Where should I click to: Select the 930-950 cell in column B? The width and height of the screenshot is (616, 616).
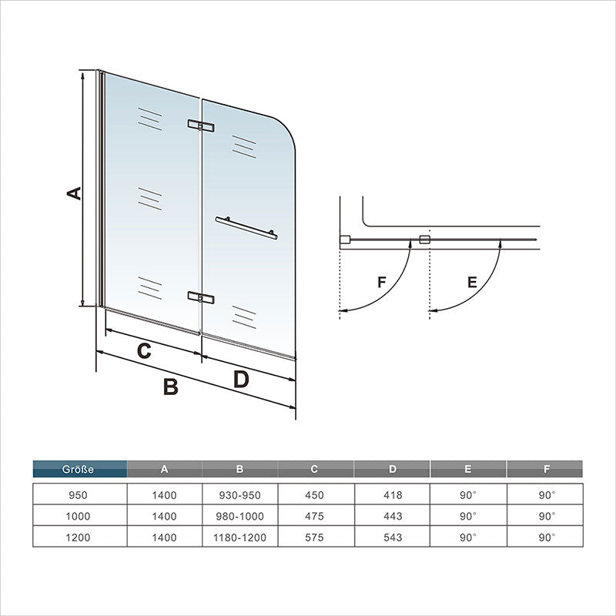(239, 495)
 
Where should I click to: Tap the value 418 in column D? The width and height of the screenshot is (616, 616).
(393, 495)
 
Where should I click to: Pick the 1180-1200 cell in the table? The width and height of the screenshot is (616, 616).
(239, 537)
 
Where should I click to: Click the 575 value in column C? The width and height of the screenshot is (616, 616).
(314, 537)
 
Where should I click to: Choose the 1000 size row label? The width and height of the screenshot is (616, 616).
(78, 516)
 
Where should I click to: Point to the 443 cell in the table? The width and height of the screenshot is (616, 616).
(393, 516)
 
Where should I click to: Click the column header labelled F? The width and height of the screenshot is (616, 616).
(547, 469)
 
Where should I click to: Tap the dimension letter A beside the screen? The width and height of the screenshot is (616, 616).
(74, 193)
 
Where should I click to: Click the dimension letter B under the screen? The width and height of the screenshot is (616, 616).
(171, 387)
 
